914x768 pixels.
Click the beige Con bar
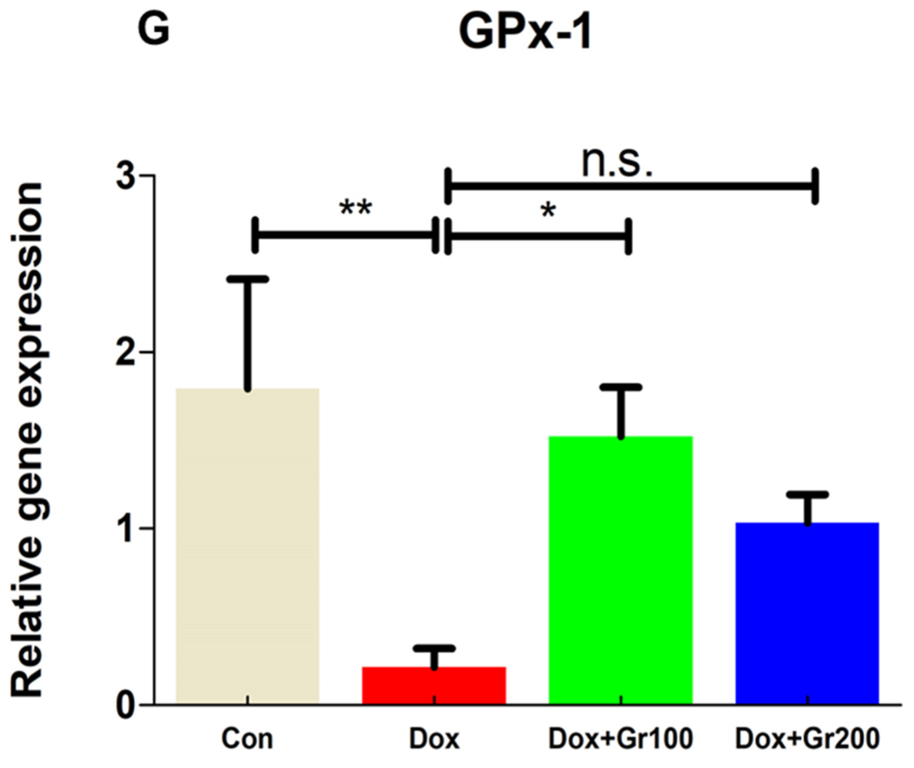(247, 545)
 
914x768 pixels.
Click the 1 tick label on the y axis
(126, 528)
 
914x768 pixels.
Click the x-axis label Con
(247, 739)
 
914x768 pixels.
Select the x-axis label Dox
(434, 739)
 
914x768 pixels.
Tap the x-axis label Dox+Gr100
(621, 739)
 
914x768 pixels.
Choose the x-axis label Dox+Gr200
(807, 739)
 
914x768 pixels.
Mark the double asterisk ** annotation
(355, 209)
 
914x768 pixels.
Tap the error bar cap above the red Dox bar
(434, 648)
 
